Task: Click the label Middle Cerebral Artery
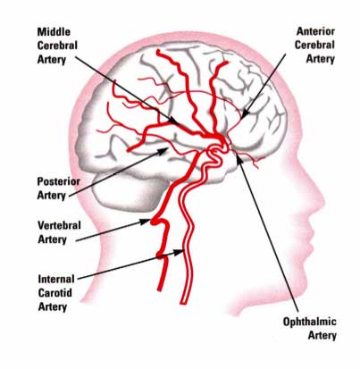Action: [x=57, y=46]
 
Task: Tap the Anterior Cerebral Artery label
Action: [x=314, y=45]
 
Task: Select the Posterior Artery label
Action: [x=58, y=189]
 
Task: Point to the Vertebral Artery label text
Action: [x=59, y=232]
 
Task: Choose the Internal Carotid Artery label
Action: [x=56, y=293]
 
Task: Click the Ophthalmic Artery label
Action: [x=310, y=329]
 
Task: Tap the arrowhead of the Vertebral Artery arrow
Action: [x=150, y=221]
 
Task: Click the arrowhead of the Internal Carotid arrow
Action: [x=182, y=252]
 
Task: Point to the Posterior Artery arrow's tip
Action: [x=168, y=148]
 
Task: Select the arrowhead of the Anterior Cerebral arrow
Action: [x=242, y=118]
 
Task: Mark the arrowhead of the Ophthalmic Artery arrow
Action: [x=238, y=155]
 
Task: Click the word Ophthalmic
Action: [x=310, y=323]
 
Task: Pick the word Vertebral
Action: [x=59, y=225]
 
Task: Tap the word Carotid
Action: [x=55, y=293]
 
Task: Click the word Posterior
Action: [x=58, y=181]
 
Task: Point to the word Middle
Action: [x=54, y=32]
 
